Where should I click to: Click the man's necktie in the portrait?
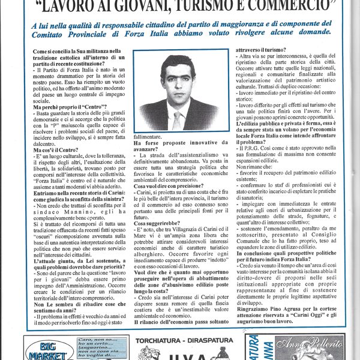(176, 119)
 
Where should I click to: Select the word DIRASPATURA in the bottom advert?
(207, 340)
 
